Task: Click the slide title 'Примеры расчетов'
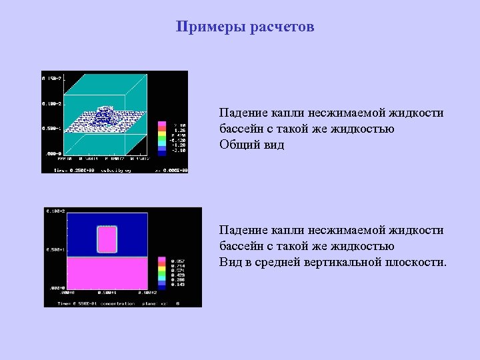[245, 27]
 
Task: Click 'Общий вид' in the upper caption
[252, 144]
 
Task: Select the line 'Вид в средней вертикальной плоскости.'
[333, 261]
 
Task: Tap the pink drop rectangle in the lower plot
[107, 239]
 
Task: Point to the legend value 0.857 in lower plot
[178, 261]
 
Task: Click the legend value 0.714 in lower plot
[178, 265]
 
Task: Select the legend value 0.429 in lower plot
[178, 275]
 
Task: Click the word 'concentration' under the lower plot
[117, 303]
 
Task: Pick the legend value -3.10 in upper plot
[179, 151]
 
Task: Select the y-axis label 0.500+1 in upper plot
[51, 128]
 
